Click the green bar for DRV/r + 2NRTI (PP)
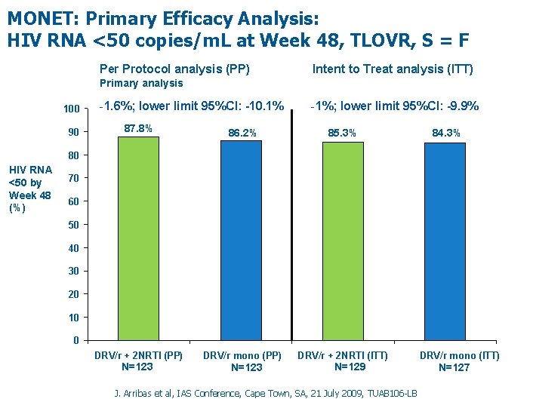tap(138, 238)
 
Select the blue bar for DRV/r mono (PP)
tap(241, 240)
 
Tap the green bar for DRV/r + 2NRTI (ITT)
tap(343, 241)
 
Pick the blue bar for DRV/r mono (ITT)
tap(445, 241)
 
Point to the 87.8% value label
tap(138, 128)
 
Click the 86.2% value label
tap(242, 133)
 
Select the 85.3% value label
tap(342, 134)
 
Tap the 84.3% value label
tap(446, 134)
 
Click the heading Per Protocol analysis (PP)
tap(174, 69)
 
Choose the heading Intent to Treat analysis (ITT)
tap(393, 69)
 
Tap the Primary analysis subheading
tap(142, 83)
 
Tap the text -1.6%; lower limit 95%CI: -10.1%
tap(191, 106)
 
